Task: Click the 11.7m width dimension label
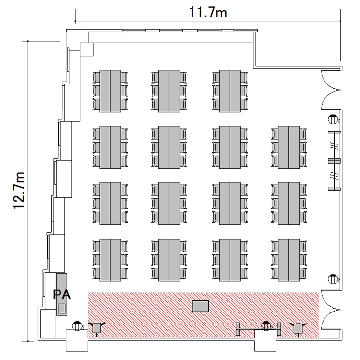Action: point(208,12)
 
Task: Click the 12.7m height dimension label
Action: point(19,191)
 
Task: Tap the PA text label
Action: point(62,295)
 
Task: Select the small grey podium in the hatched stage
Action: point(201,306)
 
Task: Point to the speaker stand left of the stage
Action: point(96,328)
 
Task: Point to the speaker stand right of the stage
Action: point(298,328)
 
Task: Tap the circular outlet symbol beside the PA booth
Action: point(78,326)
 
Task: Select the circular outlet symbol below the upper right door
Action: point(333,119)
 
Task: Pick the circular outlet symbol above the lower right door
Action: point(333,279)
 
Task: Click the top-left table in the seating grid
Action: point(110,91)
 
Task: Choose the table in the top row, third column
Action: point(230,91)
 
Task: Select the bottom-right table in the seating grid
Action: point(289,260)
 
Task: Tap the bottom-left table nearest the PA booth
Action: point(110,260)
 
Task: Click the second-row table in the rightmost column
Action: point(289,147)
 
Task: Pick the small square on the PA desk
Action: point(61,308)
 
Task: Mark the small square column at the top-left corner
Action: point(86,49)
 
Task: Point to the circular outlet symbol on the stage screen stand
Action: point(266,326)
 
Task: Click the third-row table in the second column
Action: point(169,204)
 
